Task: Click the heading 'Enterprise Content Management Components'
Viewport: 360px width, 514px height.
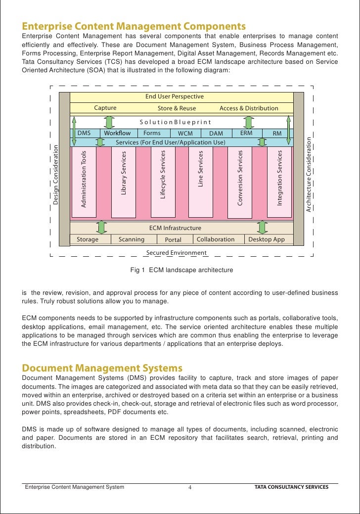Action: pos(134,26)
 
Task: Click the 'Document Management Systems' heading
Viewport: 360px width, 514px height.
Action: pos(102,368)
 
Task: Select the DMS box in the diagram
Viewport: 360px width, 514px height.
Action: pos(84,133)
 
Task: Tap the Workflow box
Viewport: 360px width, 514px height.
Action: pos(117,133)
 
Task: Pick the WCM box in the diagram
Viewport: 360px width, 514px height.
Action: pos(185,134)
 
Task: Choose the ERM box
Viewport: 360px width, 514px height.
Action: pos(246,133)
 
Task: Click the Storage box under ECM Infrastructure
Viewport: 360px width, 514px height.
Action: pos(88,239)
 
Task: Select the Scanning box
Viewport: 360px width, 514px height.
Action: pos(132,239)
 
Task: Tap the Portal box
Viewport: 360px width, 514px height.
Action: pos(173,240)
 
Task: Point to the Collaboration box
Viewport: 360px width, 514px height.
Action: pos(216,239)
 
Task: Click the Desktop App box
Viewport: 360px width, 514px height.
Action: pos(267,239)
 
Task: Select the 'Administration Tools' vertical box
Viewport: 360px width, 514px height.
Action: pos(84,182)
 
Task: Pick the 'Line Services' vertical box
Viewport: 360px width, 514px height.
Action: pos(201,182)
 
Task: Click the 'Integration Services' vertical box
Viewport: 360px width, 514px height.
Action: pos(279,182)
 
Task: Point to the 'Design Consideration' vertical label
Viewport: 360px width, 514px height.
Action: pos(56,175)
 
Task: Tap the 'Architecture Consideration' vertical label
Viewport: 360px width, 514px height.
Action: pos(309,175)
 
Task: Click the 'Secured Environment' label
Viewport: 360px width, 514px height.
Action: pos(177,253)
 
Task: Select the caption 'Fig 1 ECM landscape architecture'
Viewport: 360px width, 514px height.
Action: pos(181,270)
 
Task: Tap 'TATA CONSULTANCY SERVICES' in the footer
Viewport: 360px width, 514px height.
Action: pos(291,487)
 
